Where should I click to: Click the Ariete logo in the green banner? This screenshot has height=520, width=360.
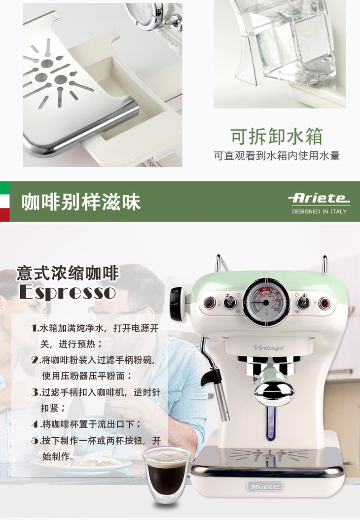tap(319, 198)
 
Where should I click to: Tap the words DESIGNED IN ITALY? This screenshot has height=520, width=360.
tap(319, 211)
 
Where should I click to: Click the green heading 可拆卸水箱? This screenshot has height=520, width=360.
tap(277, 137)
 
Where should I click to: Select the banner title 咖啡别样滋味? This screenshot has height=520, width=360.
tap(81, 202)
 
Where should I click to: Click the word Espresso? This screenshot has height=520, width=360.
tap(68, 292)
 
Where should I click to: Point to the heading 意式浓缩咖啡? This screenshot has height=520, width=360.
tap(68, 273)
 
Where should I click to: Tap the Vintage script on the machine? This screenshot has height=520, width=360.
tap(268, 347)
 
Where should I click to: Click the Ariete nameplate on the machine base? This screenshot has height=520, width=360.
tap(264, 486)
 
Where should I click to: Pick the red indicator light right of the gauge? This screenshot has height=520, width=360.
tap(324, 303)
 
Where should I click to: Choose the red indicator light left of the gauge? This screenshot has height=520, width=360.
tap(209, 303)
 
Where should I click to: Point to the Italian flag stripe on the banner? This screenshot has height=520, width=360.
tap(4, 201)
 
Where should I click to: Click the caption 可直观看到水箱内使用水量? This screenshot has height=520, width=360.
tap(277, 156)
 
